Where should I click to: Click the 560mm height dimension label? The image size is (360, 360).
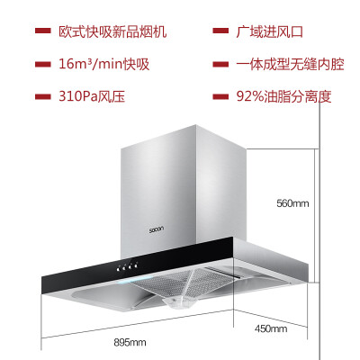[292, 203]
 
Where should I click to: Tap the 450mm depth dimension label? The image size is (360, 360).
[271, 328]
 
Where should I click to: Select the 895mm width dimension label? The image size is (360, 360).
[130, 342]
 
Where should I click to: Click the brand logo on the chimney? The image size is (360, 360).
[157, 229]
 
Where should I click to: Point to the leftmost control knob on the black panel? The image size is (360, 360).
[120, 268]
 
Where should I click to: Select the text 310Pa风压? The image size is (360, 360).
[92, 96]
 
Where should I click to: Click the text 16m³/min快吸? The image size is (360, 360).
[103, 64]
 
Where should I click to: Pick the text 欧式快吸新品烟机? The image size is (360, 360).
[112, 31]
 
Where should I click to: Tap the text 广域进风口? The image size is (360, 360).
[270, 31]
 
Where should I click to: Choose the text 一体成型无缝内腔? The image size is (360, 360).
[290, 64]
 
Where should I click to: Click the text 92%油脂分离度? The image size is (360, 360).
[283, 96]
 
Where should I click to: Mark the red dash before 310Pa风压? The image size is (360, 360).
[42, 97]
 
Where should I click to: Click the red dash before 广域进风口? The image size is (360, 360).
[220, 31]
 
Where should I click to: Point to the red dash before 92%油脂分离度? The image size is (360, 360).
[220, 96]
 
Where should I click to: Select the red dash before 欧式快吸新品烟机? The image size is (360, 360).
[42, 31]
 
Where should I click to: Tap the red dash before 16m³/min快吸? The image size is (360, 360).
[42, 64]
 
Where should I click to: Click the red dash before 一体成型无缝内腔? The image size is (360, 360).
[220, 64]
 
